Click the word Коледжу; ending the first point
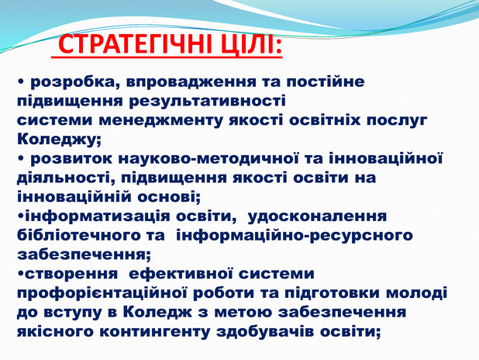pyautogui.click(x=57, y=140)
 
